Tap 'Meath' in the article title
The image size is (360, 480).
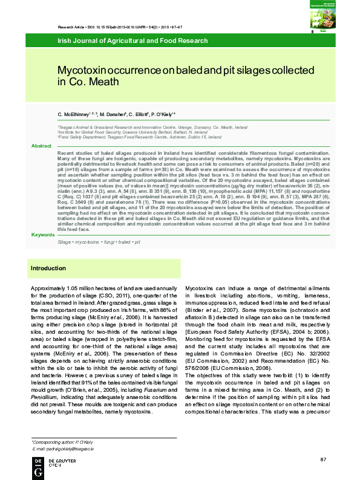click(101, 82)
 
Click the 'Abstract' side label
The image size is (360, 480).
click(41, 146)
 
